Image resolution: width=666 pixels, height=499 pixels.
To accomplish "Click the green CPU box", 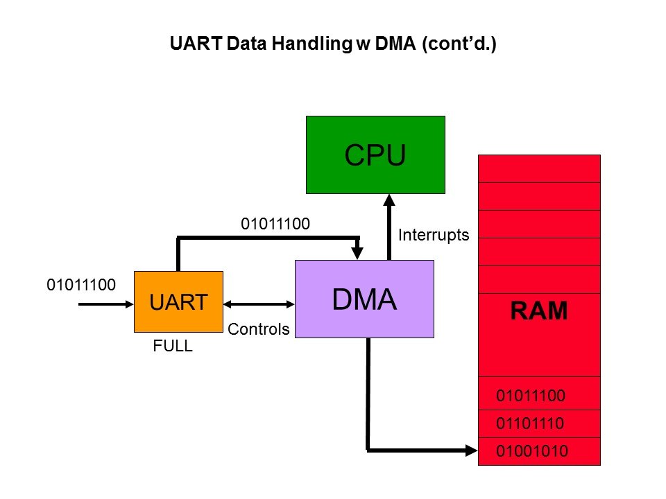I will [375, 154].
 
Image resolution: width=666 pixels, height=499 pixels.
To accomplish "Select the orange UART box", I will [178, 301].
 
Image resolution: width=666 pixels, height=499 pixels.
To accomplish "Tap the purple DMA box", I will [364, 299].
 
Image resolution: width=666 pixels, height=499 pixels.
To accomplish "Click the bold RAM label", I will [539, 311].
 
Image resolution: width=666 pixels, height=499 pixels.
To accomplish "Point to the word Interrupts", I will [434, 236].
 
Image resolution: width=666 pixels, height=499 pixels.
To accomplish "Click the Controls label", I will [258, 330].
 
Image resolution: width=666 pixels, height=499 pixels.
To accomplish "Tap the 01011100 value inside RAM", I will [531, 396].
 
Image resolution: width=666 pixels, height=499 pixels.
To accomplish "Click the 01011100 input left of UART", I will [80, 285].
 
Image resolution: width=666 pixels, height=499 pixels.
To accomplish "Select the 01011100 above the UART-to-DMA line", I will [275, 224].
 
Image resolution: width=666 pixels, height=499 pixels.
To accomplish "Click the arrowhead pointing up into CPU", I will [389, 200].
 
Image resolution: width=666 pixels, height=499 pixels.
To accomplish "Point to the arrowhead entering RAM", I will [472, 451].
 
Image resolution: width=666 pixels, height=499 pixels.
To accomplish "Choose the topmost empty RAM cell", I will [539, 168].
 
